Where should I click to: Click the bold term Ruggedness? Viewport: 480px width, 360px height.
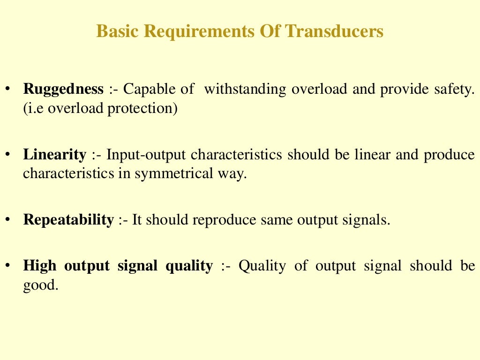[x=63, y=89]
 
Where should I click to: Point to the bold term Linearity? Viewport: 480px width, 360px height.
[x=55, y=155]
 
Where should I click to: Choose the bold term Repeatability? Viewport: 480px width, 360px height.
[x=68, y=220]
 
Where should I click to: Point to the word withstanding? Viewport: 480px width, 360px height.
[x=245, y=89]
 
